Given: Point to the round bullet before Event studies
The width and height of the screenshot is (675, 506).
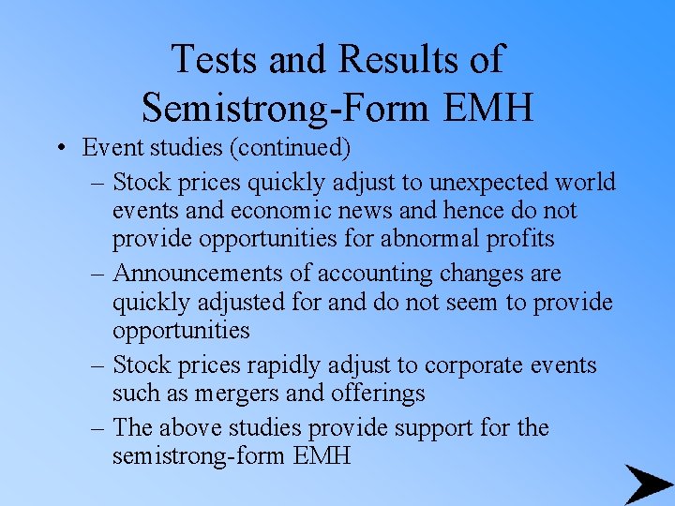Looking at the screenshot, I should click(59, 149).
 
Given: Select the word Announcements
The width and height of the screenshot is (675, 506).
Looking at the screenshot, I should click(212, 274).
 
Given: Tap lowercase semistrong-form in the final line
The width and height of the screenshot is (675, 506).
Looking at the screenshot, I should click(200, 457).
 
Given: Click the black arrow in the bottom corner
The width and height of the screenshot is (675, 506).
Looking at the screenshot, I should click(647, 483).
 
